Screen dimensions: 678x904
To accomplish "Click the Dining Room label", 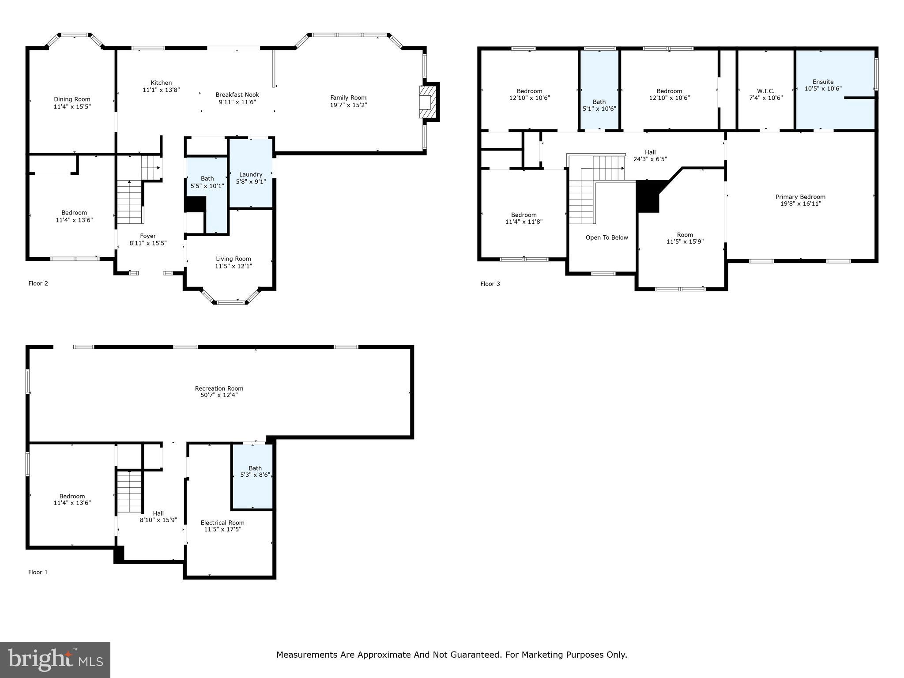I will (72, 99).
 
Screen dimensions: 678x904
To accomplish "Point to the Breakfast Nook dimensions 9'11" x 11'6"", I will (237, 102).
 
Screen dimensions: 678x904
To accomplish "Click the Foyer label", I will (148, 236).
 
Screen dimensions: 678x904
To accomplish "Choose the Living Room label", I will (233, 259).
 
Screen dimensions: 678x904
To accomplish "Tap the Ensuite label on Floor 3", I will (823, 82).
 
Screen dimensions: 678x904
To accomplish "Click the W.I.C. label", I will (765, 91).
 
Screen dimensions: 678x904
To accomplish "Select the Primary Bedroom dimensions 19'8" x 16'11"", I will (800, 203).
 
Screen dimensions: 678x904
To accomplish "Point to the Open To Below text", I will (606, 237).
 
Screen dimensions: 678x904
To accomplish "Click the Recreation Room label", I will (219, 388).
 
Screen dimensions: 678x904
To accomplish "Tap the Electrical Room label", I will (222, 523).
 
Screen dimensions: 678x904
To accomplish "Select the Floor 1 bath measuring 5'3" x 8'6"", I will (255, 471).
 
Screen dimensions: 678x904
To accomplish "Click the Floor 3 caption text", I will (490, 284).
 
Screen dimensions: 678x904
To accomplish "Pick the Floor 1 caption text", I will (38, 572).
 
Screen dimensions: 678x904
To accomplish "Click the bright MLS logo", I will (55, 659).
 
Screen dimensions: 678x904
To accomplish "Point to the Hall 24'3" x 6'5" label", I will (650, 155).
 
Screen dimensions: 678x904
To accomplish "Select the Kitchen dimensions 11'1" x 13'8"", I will (161, 90).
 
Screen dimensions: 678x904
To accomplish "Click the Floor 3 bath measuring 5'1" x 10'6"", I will (599, 105).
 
